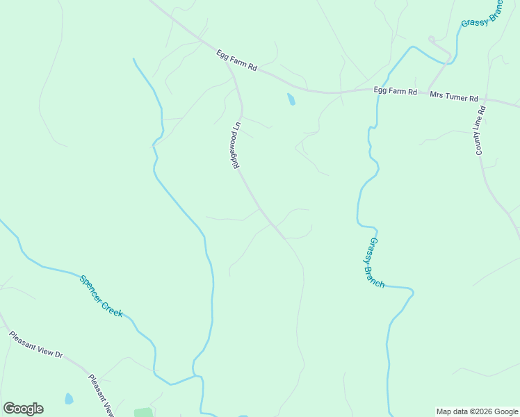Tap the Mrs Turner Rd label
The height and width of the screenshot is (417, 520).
coord(454,98)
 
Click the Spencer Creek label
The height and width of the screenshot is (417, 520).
coord(101,296)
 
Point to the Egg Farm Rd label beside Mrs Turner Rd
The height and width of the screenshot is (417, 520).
coord(395,91)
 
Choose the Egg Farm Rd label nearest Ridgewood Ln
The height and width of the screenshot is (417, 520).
coord(237,60)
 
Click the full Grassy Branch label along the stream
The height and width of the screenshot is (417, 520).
coord(373,263)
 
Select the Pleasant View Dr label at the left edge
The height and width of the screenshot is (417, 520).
coord(36,345)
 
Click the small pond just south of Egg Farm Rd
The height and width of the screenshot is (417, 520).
coord(291,99)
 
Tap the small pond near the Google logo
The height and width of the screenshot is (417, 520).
coord(69,399)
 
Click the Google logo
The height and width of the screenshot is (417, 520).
coord(23,409)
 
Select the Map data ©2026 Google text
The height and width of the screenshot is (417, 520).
coord(478,411)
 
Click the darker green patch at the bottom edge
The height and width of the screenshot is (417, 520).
coord(143,413)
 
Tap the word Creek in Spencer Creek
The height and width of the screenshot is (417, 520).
coord(112,306)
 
